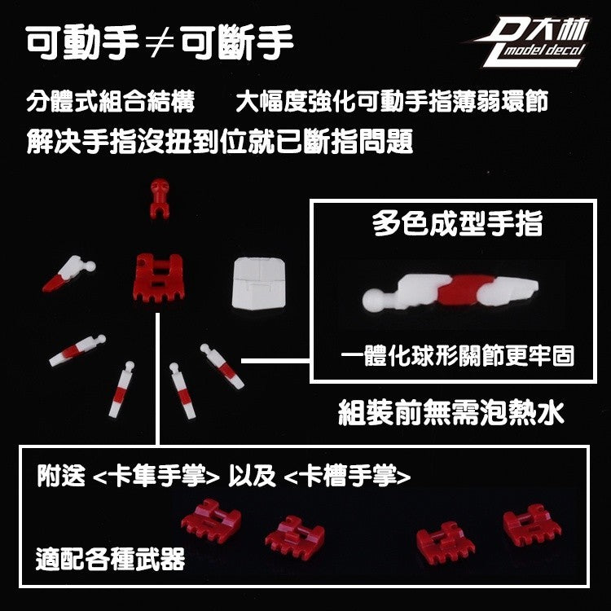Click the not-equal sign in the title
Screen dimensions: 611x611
coord(160,43)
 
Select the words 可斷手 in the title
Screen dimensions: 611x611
coord(236,42)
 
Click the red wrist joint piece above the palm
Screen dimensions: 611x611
coord(160,198)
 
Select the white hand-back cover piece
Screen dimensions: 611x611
coord(259,283)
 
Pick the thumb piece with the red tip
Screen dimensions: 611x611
coord(69,274)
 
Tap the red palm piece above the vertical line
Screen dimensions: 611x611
coord(159,278)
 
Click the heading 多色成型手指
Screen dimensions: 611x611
coord(458,224)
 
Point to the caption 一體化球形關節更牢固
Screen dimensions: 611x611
coord(458,356)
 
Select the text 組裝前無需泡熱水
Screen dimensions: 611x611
coord(451,413)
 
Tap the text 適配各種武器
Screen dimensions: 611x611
coord(110,559)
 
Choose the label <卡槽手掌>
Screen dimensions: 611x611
coord(348,476)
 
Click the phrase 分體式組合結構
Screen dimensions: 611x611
coord(110,101)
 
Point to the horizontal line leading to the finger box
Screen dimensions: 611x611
coord(276,361)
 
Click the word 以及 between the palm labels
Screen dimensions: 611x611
coord(252,476)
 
